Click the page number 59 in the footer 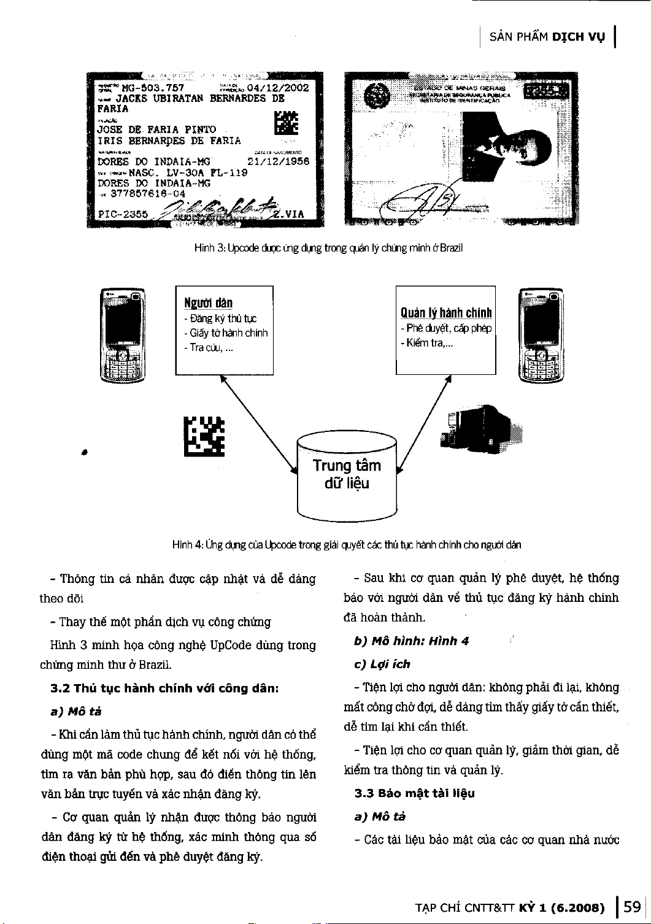coord(631,906)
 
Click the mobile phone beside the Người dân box coord(122,336)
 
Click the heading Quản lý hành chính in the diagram coord(446,313)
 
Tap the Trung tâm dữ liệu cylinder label coord(347,474)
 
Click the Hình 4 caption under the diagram coord(347,544)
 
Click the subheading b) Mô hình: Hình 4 coord(412,641)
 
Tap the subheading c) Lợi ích coord(382,664)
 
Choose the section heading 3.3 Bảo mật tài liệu coord(415,793)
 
